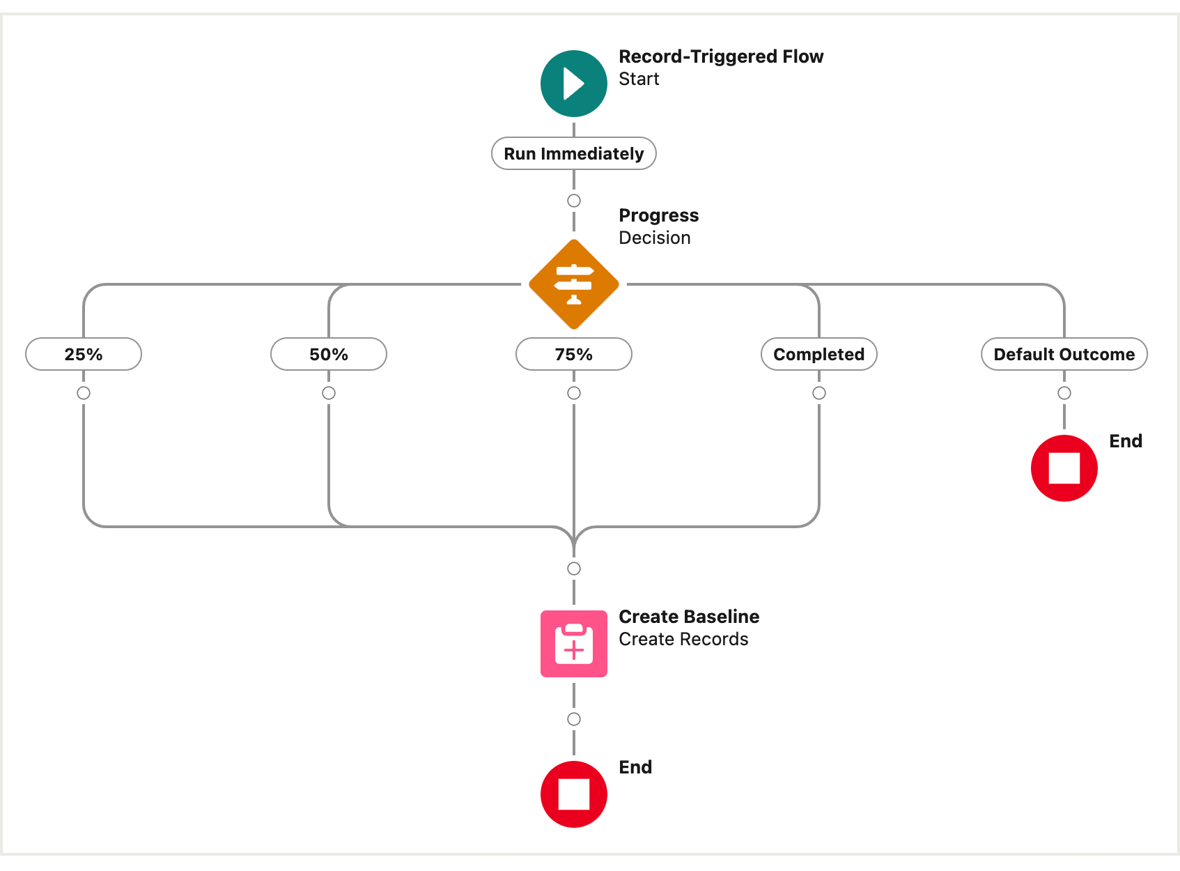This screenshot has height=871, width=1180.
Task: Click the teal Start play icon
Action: [573, 84]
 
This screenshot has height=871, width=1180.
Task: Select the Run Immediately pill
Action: [573, 153]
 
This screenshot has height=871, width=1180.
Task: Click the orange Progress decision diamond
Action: [573, 284]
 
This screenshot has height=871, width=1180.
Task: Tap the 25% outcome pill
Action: [84, 354]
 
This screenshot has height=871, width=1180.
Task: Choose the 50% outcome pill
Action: [329, 354]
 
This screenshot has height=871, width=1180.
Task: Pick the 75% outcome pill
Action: [573, 354]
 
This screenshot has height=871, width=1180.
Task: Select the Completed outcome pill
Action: [818, 354]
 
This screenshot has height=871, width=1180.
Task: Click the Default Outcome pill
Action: [1064, 354]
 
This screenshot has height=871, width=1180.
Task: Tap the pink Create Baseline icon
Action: [573, 643]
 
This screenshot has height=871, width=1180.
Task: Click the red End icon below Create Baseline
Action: [573, 794]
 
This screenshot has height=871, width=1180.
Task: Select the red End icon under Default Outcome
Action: [1064, 468]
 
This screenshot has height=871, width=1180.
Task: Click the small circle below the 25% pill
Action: [84, 393]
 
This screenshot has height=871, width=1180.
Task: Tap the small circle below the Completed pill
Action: [819, 393]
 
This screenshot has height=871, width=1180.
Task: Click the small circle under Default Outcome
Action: [1064, 393]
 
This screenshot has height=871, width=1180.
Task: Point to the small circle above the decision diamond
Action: [574, 201]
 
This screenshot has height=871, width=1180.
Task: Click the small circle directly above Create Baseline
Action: [574, 569]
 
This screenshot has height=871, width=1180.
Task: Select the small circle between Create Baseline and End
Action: [574, 719]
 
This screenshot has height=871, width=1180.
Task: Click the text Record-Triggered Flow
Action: [721, 56]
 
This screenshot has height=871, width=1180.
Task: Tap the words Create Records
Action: [683, 639]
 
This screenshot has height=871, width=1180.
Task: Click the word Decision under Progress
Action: [655, 238]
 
